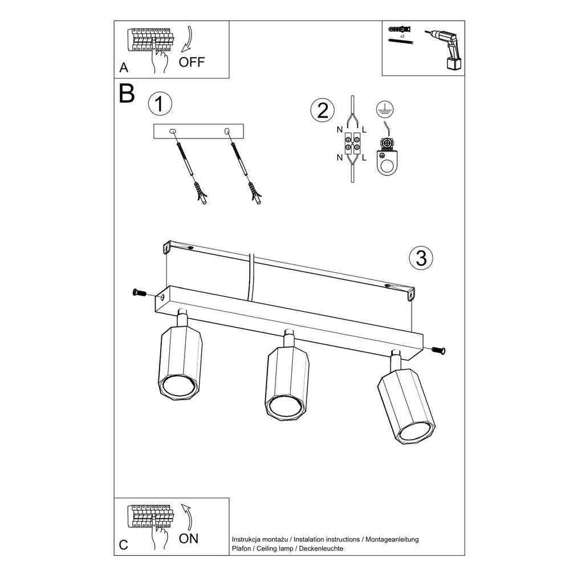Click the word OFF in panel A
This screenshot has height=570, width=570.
192,63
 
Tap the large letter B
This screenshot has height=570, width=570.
127,94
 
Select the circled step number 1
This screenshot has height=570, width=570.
160,104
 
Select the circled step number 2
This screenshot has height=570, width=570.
323,110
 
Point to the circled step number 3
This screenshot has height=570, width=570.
421,258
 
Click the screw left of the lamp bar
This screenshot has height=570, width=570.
139,293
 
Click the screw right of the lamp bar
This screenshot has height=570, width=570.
438,350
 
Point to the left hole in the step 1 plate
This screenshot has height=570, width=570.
174,131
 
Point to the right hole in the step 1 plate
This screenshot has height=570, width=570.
227,131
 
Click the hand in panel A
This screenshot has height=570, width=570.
160,59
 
